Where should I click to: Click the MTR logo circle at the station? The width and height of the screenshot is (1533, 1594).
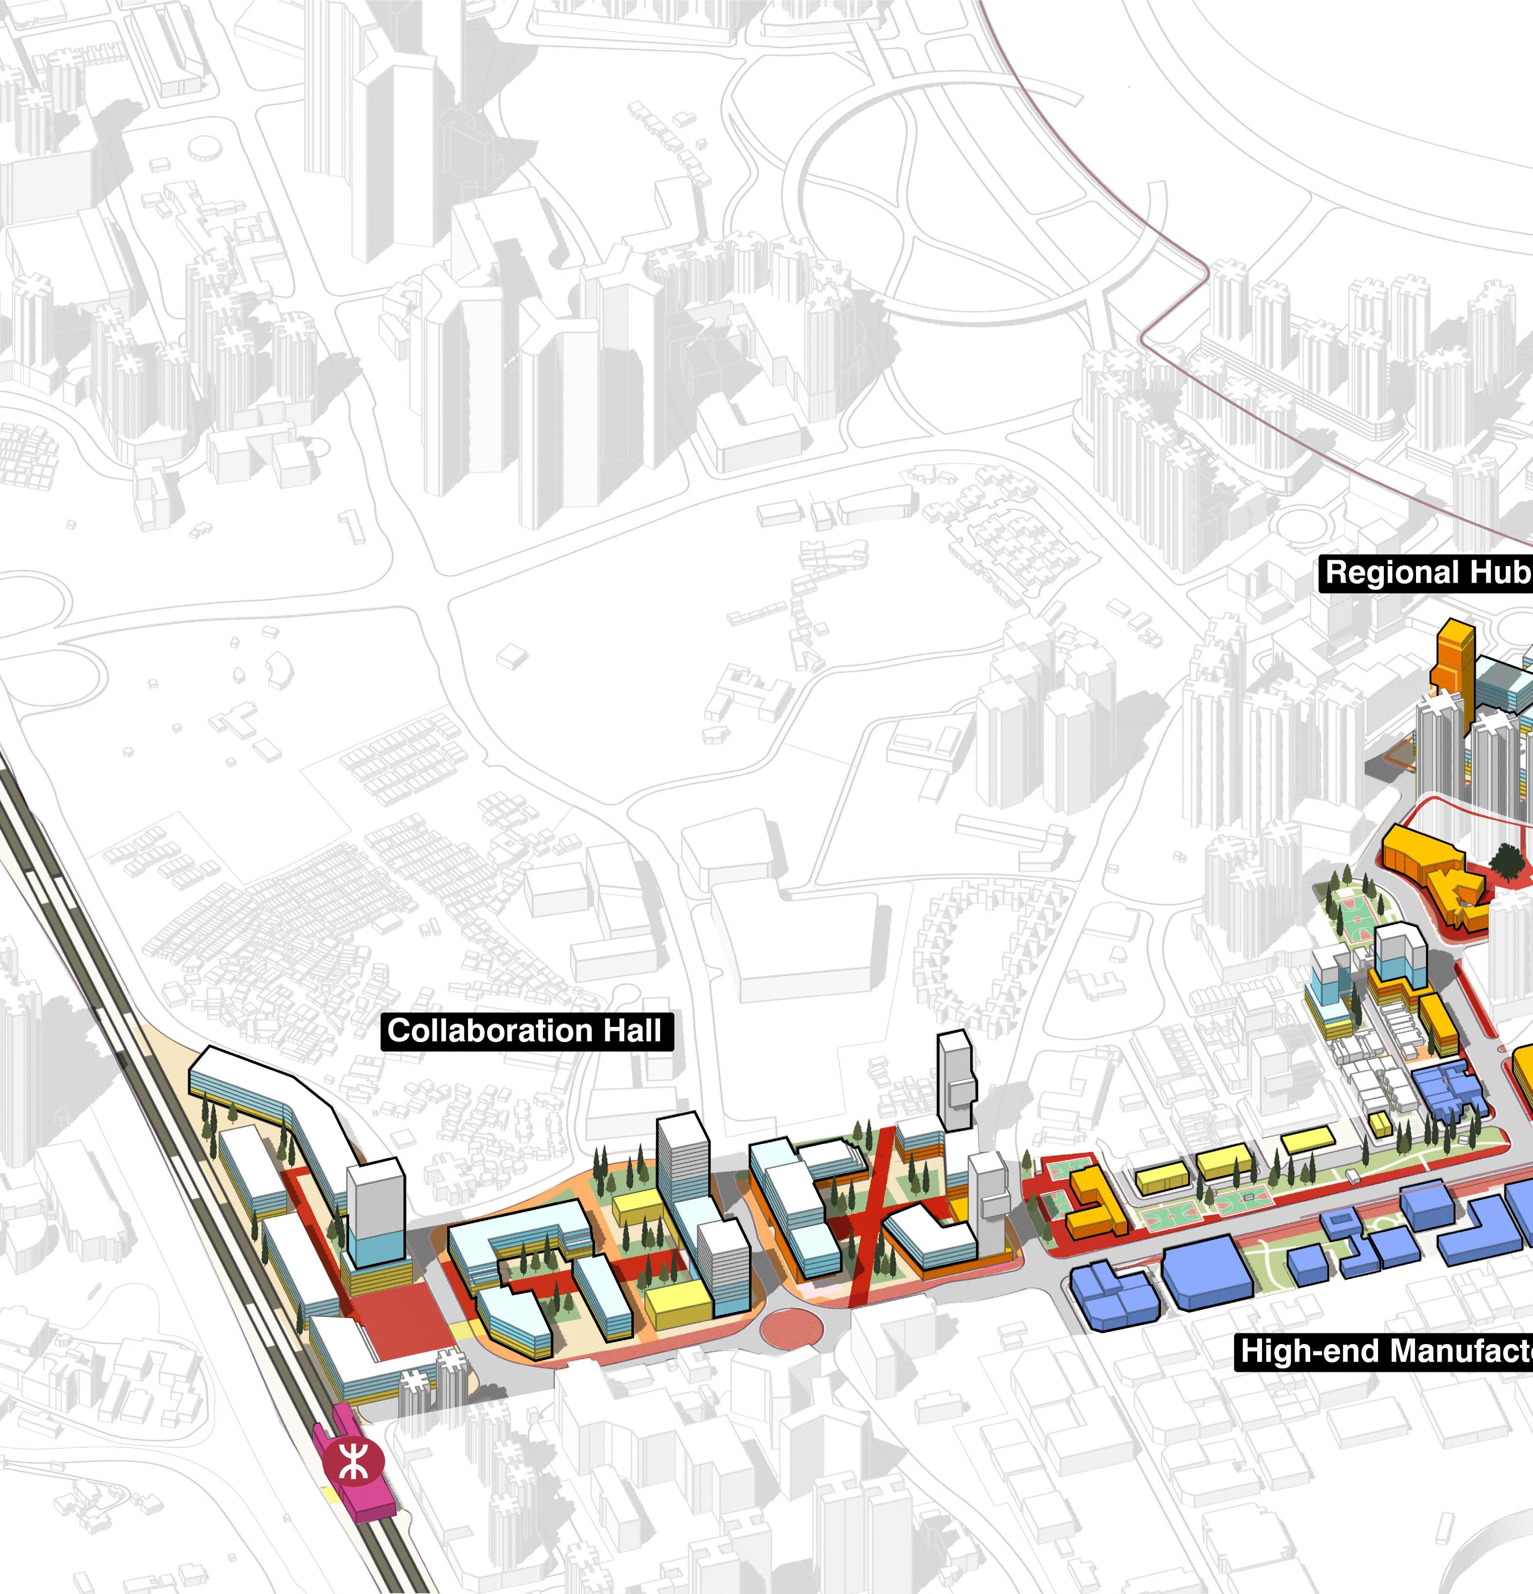[x=350, y=1461]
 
